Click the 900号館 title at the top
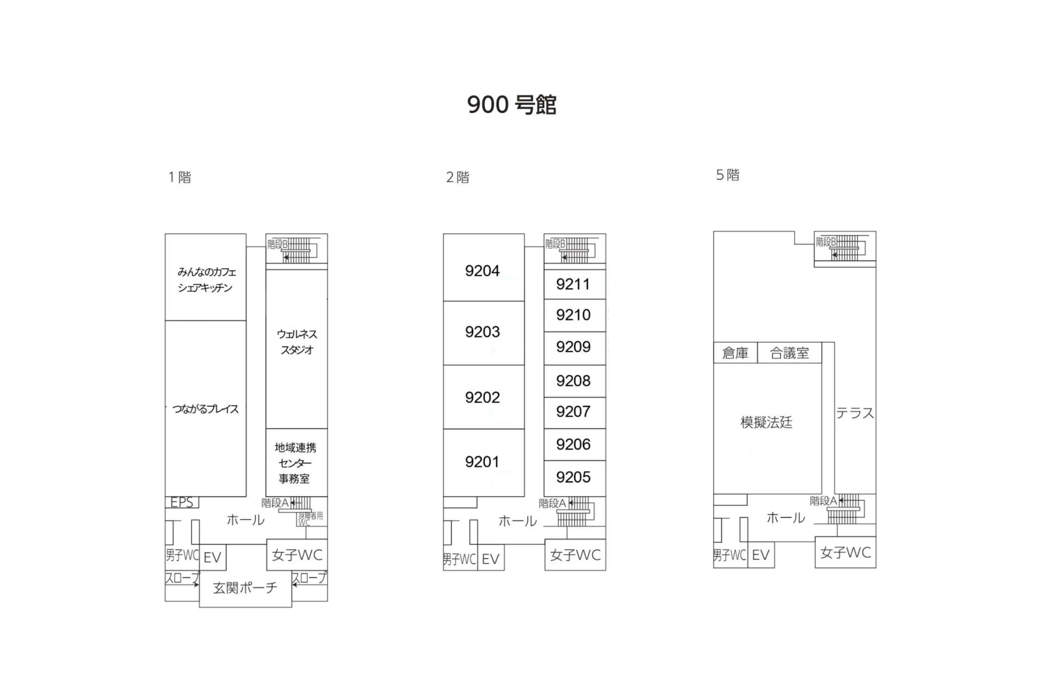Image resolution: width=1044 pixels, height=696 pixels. coord(511,105)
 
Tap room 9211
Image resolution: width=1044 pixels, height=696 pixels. coord(574,284)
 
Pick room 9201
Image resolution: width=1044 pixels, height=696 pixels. coord(483,462)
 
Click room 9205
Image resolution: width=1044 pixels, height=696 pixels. coord(574,477)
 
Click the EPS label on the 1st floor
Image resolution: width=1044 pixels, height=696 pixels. coord(181,502)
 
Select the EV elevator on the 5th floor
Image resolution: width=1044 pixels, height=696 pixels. coord(760,555)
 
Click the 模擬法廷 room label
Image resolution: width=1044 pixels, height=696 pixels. coord(767,422)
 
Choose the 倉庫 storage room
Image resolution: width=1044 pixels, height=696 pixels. coord(735,353)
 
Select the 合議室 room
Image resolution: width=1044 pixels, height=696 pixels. coord(789,353)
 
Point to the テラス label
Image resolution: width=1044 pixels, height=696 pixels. coord(855,413)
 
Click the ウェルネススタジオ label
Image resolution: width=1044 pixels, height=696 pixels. coord(296,342)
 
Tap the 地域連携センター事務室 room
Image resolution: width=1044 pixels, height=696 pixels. coord(296,463)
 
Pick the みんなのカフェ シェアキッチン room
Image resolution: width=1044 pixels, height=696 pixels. coord(206,280)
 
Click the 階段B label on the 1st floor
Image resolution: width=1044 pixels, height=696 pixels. coord(277,244)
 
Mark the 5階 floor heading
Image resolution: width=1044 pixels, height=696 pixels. coord(728,175)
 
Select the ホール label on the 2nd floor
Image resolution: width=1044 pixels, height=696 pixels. coord(518,521)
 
